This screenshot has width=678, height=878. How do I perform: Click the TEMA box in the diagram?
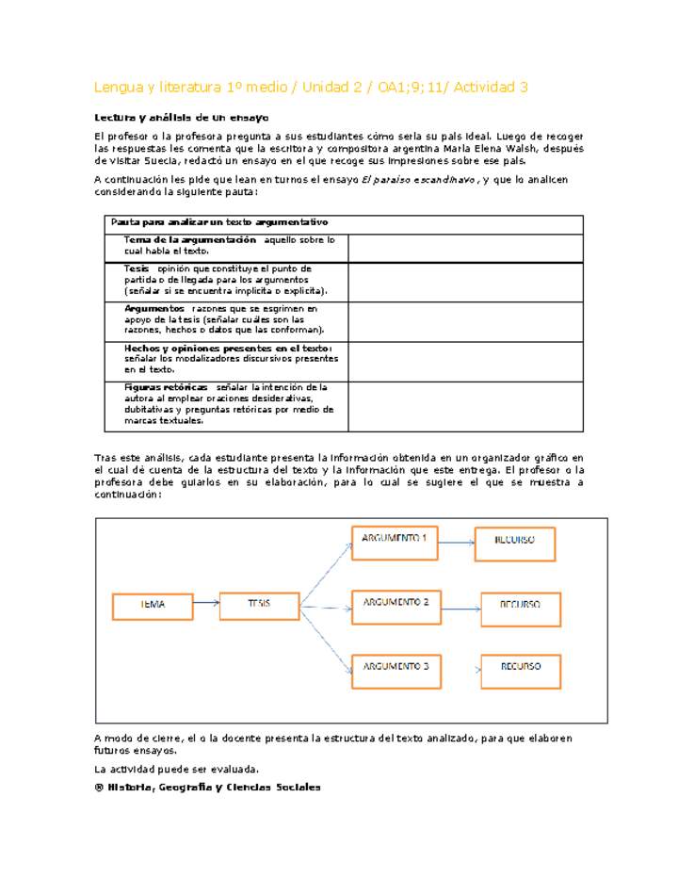(x=152, y=605)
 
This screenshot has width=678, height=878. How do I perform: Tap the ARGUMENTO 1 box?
(x=395, y=543)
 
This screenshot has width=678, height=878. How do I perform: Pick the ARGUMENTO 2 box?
(x=395, y=606)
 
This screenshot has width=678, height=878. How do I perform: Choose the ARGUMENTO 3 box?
(x=395, y=670)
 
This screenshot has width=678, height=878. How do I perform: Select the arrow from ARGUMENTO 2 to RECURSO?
(x=460, y=608)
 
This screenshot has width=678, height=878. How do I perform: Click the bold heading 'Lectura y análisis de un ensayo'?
(x=181, y=118)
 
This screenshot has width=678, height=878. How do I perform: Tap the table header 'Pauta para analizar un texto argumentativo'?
(x=218, y=222)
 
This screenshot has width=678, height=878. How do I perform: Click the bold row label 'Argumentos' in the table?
(x=154, y=308)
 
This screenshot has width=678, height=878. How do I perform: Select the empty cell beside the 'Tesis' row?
(x=465, y=282)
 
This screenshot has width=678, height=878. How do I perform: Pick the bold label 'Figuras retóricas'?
(x=166, y=387)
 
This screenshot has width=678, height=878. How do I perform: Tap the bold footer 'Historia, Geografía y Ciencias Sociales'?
(x=214, y=788)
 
